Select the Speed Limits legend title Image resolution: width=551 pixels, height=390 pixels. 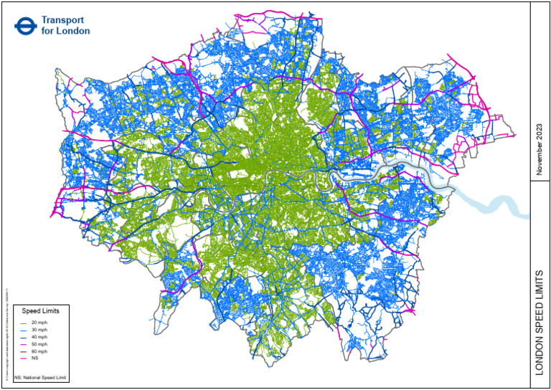click(x=40, y=312)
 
